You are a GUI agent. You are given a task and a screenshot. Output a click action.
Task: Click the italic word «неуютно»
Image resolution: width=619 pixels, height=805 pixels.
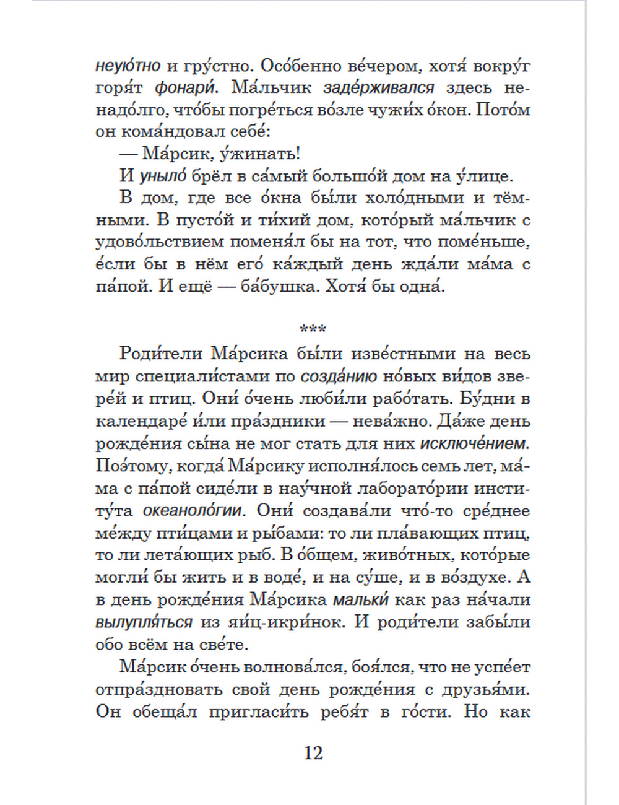pyautogui.click(x=128, y=66)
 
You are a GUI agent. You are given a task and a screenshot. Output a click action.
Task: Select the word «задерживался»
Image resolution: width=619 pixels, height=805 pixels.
pyautogui.click(x=378, y=88)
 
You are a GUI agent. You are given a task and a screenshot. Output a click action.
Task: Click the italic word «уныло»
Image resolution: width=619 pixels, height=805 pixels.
pyautogui.click(x=162, y=176)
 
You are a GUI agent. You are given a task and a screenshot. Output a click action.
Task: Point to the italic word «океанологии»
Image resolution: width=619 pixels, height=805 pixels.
pyautogui.click(x=192, y=511)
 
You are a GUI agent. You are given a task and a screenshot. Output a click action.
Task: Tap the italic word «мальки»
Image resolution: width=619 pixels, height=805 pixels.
pyautogui.click(x=360, y=600)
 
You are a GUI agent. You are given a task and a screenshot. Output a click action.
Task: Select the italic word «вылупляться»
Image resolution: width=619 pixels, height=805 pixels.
pyautogui.click(x=144, y=622)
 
